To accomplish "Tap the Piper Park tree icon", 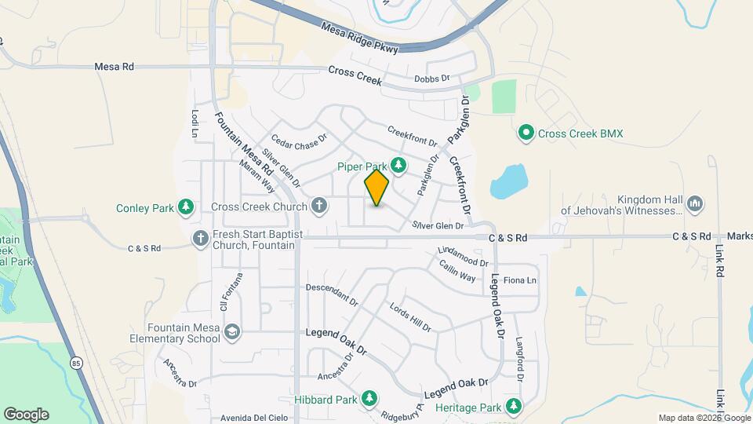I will coord(399,165).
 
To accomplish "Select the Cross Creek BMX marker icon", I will coord(527,133).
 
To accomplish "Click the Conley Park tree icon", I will coord(186,207).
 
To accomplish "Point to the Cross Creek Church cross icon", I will coord(318,207).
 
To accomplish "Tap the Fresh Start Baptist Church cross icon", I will coord(201,238).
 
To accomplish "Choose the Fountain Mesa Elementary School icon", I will coord(232,332).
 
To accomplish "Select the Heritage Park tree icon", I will coord(513,407).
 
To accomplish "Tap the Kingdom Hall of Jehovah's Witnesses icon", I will coord(694,204).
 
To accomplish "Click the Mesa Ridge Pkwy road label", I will coord(360,38).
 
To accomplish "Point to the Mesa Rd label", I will coord(114,68).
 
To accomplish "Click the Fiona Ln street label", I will coord(519,280).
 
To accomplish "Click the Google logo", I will coord(26,414).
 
